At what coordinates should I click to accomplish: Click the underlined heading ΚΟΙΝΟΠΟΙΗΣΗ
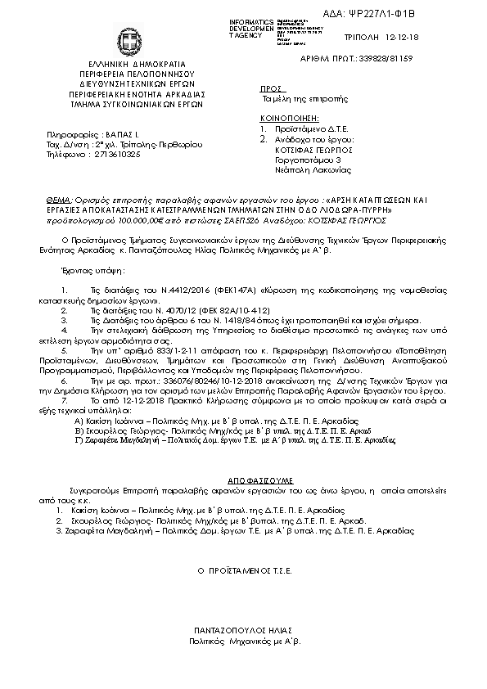click(286, 119)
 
